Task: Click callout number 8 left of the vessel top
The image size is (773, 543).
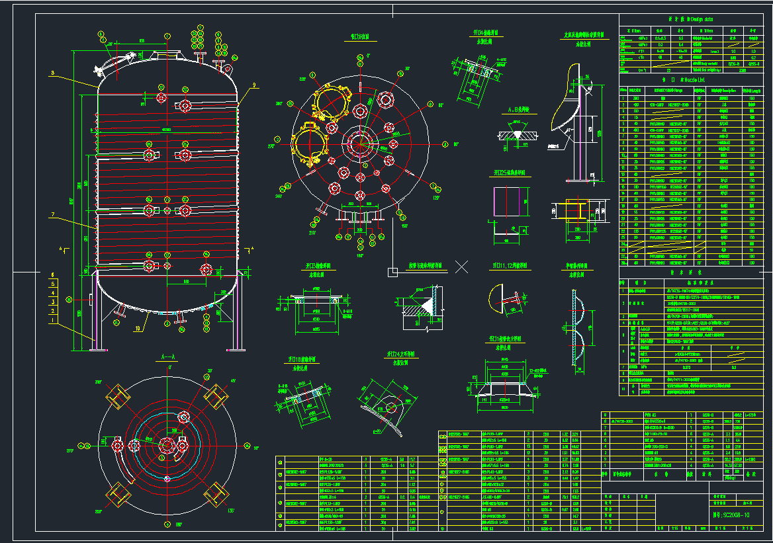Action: (52, 73)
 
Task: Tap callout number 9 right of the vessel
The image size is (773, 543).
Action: (253, 85)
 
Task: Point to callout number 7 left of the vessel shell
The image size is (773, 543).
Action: (52, 215)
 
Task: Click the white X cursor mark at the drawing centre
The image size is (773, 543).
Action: (462, 267)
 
